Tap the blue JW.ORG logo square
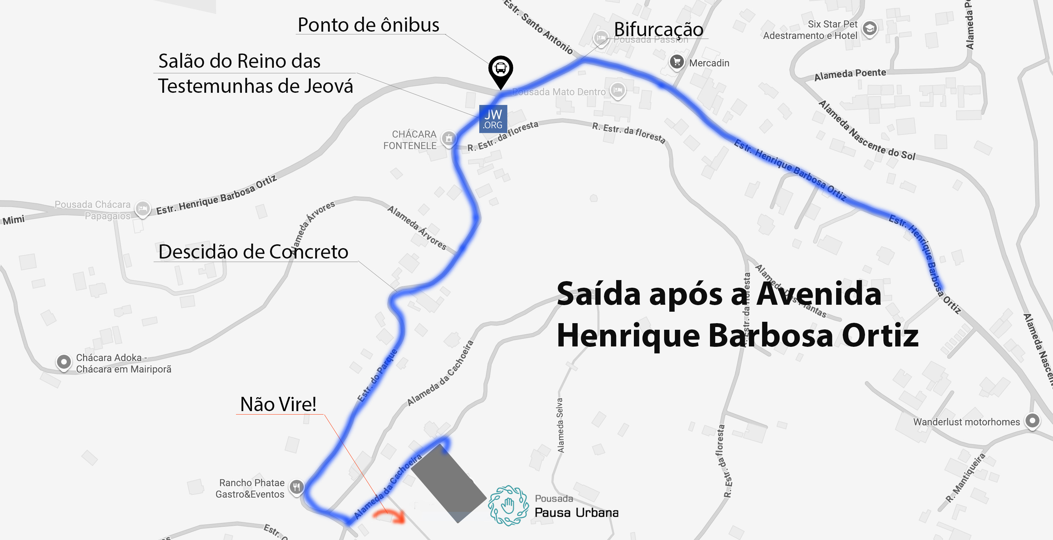[x=493, y=119]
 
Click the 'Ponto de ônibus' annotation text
[x=368, y=25]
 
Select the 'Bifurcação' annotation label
[x=659, y=30]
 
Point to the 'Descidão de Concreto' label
[x=253, y=251]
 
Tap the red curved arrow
[x=390, y=516]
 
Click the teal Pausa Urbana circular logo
[x=508, y=505]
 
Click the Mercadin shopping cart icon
[x=677, y=62]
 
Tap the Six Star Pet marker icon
[x=870, y=28]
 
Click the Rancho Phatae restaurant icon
[x=296, y=487]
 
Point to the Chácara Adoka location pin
[x=64, y=362]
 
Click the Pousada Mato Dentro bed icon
[x=618, y=90]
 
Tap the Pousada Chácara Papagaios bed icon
[x=142, y=209]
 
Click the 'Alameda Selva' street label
[x=560, y=425]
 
